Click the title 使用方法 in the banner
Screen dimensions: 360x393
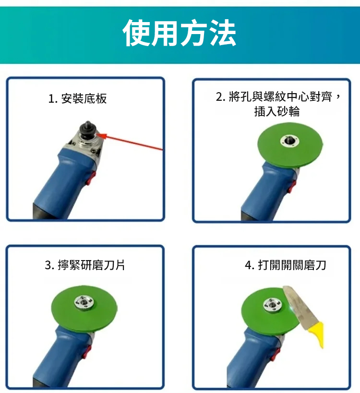tap(179, 33)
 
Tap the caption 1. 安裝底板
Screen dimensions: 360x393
tap(77, 98)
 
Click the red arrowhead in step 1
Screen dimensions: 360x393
tap(102, 136)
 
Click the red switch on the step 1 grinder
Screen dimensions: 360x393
tap(91, 178)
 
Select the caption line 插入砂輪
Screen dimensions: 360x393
tap(277, 111)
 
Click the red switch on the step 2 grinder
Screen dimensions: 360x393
tap(292, 186)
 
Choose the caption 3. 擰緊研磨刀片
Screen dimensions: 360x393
tap(85, 265)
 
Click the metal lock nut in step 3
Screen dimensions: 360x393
tap(84, 302)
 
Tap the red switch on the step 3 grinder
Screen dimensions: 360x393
tap(87, 352)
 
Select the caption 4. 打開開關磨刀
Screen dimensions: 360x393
tap(286, 265)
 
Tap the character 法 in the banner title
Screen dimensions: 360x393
tap(223, 33)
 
